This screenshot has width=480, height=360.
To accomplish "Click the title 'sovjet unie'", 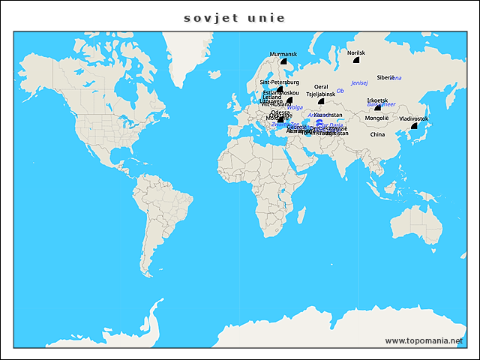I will click(x=235, y=16).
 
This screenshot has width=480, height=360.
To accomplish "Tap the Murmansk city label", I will click(x=283, y=54).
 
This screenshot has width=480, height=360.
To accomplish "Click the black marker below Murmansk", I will click(x=284, y=61).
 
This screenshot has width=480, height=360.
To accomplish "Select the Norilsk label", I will click(x=356, y=53).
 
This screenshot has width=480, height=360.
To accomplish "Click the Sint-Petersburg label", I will click(x=279, y=82).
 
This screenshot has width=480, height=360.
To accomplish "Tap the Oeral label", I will click(x=321, y=87).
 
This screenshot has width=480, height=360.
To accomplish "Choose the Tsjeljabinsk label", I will click(x=321, y=94).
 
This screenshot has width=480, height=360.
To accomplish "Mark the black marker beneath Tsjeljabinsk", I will click(x=321, y=101).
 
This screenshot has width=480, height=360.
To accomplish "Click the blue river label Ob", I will click(x=340, y=91).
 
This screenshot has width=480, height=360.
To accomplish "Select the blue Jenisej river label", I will click(x=360, y=82).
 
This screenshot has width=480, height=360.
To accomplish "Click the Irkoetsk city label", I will click(x=377, y=100).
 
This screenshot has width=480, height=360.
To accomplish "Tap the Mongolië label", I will click(x=376, y=118).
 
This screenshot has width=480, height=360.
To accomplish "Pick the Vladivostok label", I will click(x=414, y=118).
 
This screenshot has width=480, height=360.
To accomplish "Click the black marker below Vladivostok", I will click(x=414, y=126).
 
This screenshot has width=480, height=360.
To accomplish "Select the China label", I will click(x=377, y=135).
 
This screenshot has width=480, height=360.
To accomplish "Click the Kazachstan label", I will click(x=328, y=115).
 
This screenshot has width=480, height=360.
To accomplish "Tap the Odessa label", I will click(x=280, y=112).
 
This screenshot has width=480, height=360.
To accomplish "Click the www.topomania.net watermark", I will click(x=424, y=340).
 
